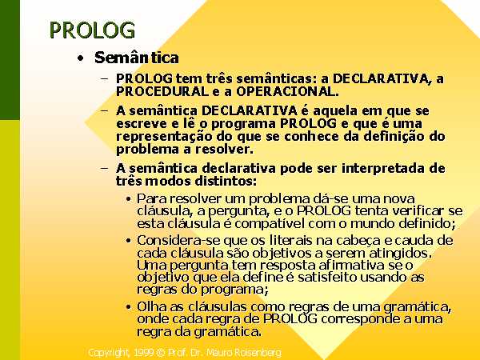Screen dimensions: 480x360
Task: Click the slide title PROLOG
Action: (x=92, y=30)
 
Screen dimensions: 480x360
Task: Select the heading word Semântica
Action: (x=137, y=58)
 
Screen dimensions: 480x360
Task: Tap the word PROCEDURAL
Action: (x=162, y=91)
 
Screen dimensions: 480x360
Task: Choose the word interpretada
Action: (x=383, y=169)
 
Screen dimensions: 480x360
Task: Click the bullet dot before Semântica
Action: (x=80, y=58)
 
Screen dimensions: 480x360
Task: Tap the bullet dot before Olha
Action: (x=129, y=307)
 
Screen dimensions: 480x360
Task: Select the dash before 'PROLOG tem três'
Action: (x=104, y=78)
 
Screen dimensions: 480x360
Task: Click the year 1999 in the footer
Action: (x=143, y=353)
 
